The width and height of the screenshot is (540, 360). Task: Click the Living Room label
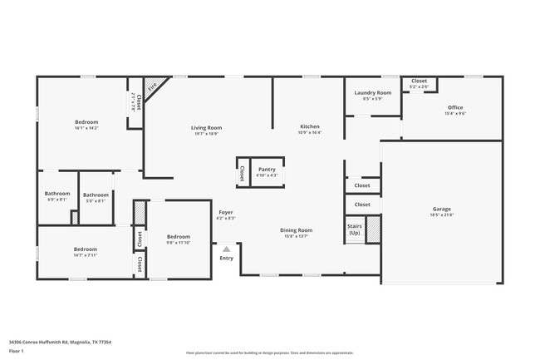pyautogui.click(x=207, y=127)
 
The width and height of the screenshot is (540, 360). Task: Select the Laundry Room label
pyautogui.click(x=372, y=93)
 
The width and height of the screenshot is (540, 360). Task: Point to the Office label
pyautogui.click(x=454, y=107)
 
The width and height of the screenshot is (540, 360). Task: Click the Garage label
pyautogui.click(x=441, y=209)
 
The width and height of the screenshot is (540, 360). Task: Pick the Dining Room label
pyautogui.click(x=297, y=230)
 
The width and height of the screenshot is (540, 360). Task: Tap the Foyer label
pyautogui.click(x=226, y=212)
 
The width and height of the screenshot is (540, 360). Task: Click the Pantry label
pyautogui.click(x=267, y=169)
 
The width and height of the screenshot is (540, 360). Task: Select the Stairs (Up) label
pyautogui.click(x=355, y=229)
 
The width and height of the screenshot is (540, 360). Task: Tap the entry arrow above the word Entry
pyautogui.click(x=226, y=248)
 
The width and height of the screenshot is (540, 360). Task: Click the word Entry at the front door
pyautogui.click(x=226, y=258)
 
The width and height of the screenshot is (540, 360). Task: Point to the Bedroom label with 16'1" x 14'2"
pyautogui.click(x=86, y=122)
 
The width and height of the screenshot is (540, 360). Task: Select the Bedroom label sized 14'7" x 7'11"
pyautogui.click(x=85, y=249)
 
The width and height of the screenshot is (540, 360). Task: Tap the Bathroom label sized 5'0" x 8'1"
pyautogui.click(x=96, y=195)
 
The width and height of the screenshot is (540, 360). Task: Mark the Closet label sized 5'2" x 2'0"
pyautogui.click(x=419, y=81)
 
